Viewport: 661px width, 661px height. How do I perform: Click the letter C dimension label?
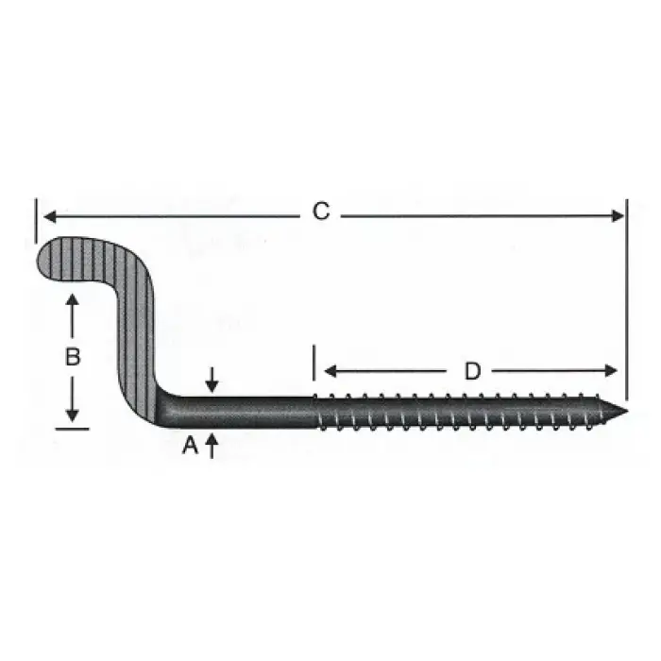click(321, 212)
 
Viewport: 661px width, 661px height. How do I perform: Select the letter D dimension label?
click(472, 371)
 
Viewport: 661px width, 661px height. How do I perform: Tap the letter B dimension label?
click(72, 358)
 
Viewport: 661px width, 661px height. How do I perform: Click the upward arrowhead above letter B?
click(72, 300)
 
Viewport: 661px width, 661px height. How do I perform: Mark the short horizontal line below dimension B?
click(72, 429)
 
